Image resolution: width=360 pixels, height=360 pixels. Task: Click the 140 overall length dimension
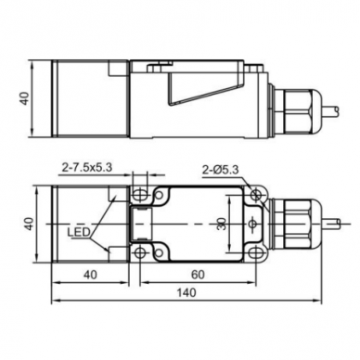pyautogui.click(x=186, y=292)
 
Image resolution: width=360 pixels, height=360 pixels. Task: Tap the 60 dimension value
pyautogui.click(x=198, y=275)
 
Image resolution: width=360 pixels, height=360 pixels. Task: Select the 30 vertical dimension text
pyautogui.click(x=222, y=224)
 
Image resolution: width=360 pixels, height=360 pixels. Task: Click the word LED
pyautogui.click(x=79, y=232)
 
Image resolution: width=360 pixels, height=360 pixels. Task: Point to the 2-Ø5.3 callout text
pyautogui.click(x=221, y=170)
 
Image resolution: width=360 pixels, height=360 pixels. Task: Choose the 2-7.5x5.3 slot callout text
pyautogui.click(x=87, y=168)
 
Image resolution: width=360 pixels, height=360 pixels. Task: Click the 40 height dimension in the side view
pyautogui.click(x=25, y=98)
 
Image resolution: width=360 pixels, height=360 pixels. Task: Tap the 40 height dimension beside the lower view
pyautogui.click(x=29, y=224)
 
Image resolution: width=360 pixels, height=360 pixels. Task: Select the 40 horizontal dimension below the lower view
pyautogui.click(x=90, y=275)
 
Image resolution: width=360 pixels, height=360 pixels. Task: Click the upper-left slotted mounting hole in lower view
pyautogui.click(x=140, y=195)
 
